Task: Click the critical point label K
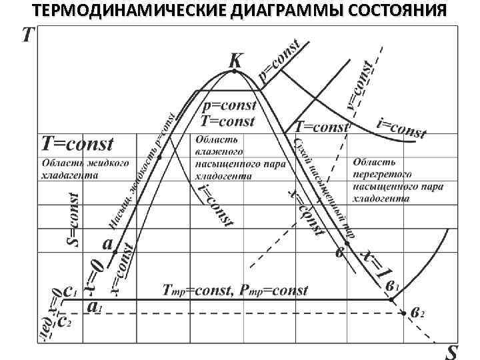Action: pyautogui.click(x=235, y=61)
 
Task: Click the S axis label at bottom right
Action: pyautogui.click(x=451, y=351)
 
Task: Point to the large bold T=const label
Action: pyautogui.click(x=78, y=143)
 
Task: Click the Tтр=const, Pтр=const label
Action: pyautogui.click(x=235, y=291)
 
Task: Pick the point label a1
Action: pyautogui.click(x=94, y=307)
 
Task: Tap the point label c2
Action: pyautogui.click(x=65, y=322)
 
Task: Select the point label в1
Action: pyautogui.click(x=393, y=286)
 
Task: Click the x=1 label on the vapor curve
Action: pyautogui.click(x=375, y=264)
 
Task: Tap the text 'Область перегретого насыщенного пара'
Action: pyautogui.click(x=399, y=180)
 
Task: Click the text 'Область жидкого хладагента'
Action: pyautogui.click(x=85, y=169)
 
